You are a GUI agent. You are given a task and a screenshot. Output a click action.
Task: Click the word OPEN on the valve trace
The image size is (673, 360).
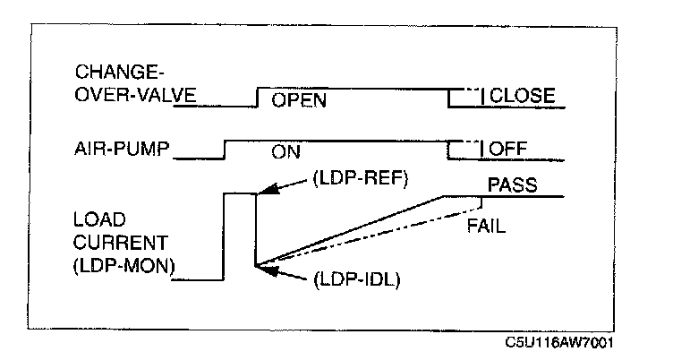(x=299, y=100)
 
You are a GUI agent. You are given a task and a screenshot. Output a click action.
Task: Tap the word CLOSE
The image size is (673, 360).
(x=524, y=96)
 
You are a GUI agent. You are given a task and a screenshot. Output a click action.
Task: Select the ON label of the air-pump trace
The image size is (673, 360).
(x=286, y=152)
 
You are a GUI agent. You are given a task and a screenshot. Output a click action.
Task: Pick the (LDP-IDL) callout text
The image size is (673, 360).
(x=355, y=280)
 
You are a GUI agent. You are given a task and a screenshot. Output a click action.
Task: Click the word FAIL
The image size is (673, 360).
(x=486, y=227)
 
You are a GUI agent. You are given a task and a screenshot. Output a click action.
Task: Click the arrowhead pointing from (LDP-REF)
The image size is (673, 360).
(x=264, y=192)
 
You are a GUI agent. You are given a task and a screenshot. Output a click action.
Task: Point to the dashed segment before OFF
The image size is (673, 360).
(x=464, y=141)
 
